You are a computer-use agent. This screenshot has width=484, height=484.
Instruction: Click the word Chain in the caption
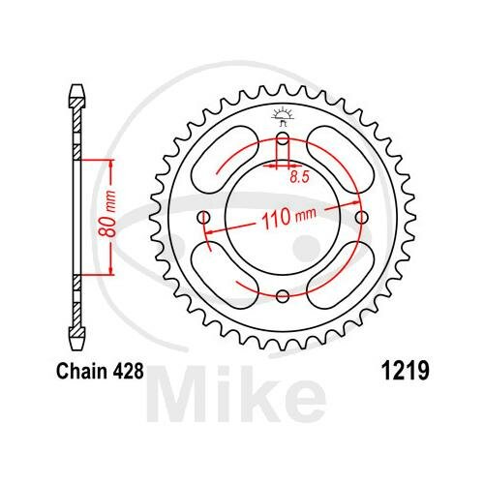[x=82, y=371]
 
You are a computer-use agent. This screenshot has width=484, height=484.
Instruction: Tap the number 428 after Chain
[x=128, y=371]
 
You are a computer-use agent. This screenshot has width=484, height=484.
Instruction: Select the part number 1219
[x=406, y=371]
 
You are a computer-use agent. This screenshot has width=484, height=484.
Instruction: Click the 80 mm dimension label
[x=107, y=214]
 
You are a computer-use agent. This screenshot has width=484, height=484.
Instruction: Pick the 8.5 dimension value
[x=299, y=177]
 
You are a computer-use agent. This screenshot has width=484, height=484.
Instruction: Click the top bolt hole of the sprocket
[x=283, y=139]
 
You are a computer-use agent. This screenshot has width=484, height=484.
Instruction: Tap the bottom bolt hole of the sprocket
[x=283, y=295]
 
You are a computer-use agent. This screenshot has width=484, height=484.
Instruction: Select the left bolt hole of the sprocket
[x=203, y=217]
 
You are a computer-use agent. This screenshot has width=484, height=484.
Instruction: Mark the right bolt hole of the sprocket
[x=362, y=217]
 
